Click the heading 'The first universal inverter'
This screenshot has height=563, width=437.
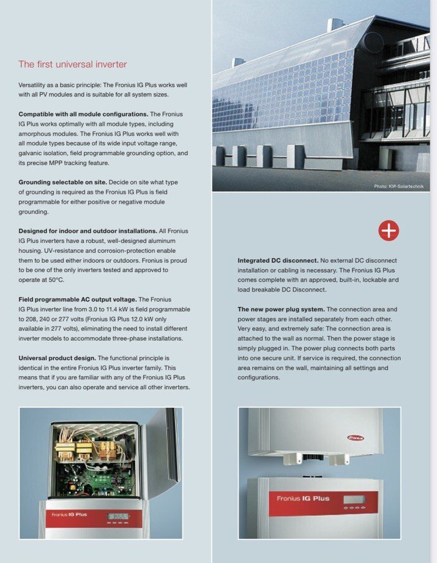click(x=73, y=64)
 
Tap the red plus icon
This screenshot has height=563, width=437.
click(x=388, y=230)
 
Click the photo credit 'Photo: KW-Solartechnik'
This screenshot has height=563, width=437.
click(x=398, y=186)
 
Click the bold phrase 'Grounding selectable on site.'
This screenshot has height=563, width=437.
click(x=62, y=182)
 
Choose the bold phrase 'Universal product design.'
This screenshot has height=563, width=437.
click(x=57, y=359)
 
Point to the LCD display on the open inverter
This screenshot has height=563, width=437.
click(x=117, y=516)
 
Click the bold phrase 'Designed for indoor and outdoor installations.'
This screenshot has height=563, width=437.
click(x=87, y=231)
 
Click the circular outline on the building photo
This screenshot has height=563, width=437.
click(x=374, y=42)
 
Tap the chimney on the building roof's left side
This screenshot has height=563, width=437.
click(x=238, y=62)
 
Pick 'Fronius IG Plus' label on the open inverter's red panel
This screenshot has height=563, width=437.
click(x=69, y=514)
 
